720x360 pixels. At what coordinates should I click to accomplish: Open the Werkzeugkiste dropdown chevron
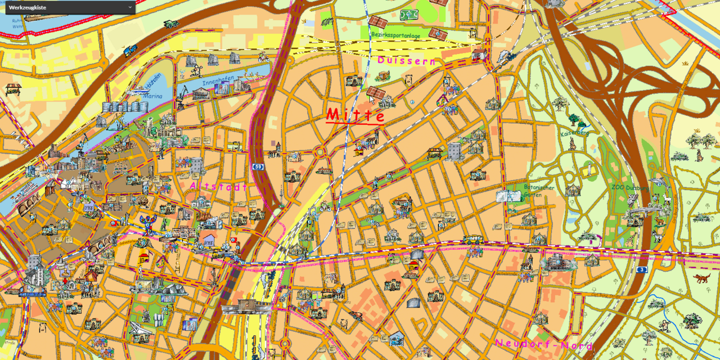coord(130,7)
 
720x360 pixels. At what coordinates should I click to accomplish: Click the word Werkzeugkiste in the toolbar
coord(27,7)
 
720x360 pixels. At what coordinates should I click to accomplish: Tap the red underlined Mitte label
coord(355,115)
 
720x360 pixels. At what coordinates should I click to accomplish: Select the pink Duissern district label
coord(406,60)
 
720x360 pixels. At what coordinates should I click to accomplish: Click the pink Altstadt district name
coord(218,186)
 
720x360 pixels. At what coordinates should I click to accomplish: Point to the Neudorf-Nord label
coord(543,344)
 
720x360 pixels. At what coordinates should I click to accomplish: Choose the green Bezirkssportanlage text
coord(395,35)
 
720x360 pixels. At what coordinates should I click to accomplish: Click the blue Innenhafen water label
coord(215,82)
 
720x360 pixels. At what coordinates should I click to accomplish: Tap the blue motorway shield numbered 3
coord(641,270)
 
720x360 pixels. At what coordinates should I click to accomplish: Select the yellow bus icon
coord(473,239)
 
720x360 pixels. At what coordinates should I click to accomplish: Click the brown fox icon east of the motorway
coord(701,278)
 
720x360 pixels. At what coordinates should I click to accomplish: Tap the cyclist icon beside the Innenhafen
coord(195,71)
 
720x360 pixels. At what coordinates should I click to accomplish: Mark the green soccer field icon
coord(409,15)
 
